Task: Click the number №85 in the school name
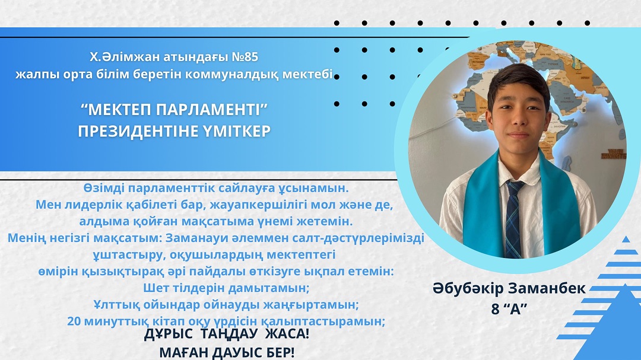[x=245, y=57]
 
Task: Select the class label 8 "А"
[x=509, y=309]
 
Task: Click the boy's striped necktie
[x=513, y=219]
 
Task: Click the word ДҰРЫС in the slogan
[x=168, y=334]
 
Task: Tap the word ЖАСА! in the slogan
[x=287, y=334]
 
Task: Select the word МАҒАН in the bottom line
[x=181, y=352]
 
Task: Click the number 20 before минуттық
[x=74, y=321]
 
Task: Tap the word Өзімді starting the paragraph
[x=104, y=188]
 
